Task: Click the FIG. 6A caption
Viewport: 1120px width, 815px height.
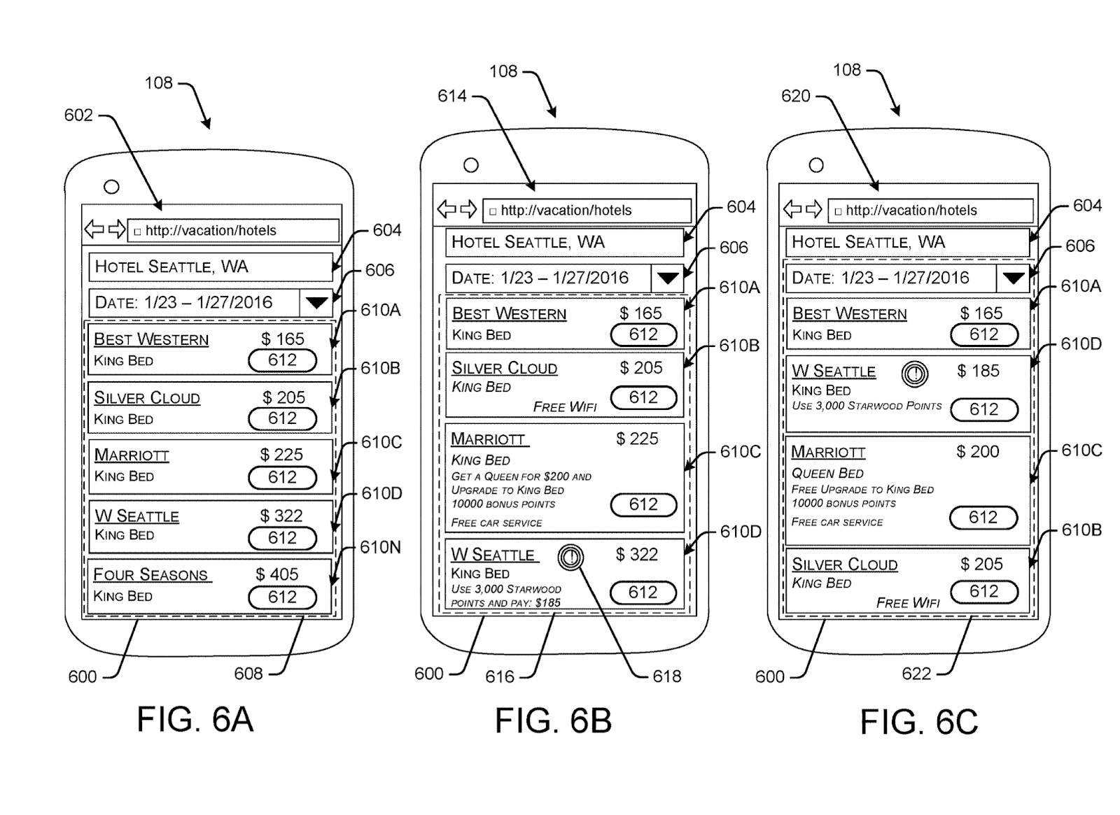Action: pyautogui.click(x=195, y=719)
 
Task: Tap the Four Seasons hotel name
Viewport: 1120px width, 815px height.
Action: pyautogui.click(x=151, y=575)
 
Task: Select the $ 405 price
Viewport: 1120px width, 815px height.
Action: pyautogui.click(x=277, y=574)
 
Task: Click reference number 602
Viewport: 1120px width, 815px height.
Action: pyautogui.click(x=78, y=115)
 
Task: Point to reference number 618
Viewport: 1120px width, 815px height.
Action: pyautogui.click(x=666, y=676)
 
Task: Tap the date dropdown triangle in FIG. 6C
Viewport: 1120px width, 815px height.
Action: pyautogui.click(x=1014, y=278)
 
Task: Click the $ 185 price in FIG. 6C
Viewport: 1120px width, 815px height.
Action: pyautogui.click(x=979, y=371)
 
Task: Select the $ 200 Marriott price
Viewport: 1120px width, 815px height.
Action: pyautogui.click(x=978, y=452)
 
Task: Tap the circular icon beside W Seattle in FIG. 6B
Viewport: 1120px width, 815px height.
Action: pyautogui.click(x=571, y=557)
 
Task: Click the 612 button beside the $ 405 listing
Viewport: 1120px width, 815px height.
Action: pyautogui.click(x=283, y=597)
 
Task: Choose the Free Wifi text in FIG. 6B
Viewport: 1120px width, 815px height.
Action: pyautogui.click(x=565, y=407)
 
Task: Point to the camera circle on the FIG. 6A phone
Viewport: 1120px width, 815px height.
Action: pyautogui.click(x=111, y=187)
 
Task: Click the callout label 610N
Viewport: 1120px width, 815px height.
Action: pyautogui.click(x=381, y=547)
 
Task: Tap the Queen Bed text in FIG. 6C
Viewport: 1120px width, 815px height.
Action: pyautogui.click(x=827, y=474)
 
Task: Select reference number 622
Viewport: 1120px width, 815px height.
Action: pyautogui.click(x=916, y=674)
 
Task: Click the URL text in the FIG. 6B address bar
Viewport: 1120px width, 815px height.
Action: pyautogui.click(x=566, y=211)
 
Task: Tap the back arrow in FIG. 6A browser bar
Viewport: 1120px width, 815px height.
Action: pyautogui.click(x=94, y=229)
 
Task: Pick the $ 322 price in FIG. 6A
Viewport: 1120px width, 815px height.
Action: pyautogui.click(x=281, y=516)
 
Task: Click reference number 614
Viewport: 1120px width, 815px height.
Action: pyautogui.click(x=452, y=96)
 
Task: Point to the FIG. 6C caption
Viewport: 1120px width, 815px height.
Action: pyautogui.click(x=918, y=722)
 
